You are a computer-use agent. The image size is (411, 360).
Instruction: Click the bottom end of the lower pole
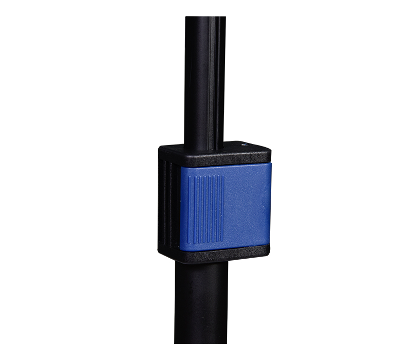click(x=201, y=341)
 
